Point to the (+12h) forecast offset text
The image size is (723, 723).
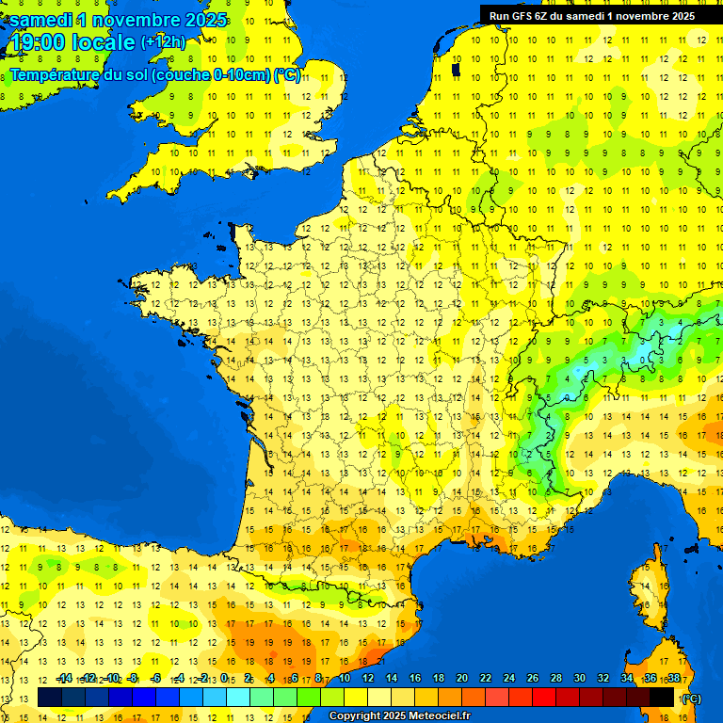tap(163, 42)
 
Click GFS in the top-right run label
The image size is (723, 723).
tap(522, 15)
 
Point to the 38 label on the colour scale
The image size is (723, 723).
tap(673, 679)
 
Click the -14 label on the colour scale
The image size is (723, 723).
tap(65, 679)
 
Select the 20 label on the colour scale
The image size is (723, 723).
tap(462, 679)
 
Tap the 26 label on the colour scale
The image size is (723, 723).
tap(533, 679)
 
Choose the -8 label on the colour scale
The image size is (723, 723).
tap(134, 679)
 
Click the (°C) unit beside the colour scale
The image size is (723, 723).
tap(690, 699)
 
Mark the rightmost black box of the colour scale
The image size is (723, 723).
tap(662, 697)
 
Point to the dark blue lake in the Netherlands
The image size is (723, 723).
tap(457, 69)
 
